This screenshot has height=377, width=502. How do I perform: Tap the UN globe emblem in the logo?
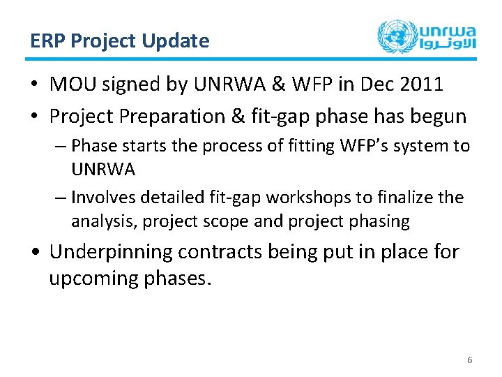click(395, 36)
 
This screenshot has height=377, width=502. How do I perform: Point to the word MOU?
click(72, 84)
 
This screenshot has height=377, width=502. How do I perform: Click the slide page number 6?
click(469, 360)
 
